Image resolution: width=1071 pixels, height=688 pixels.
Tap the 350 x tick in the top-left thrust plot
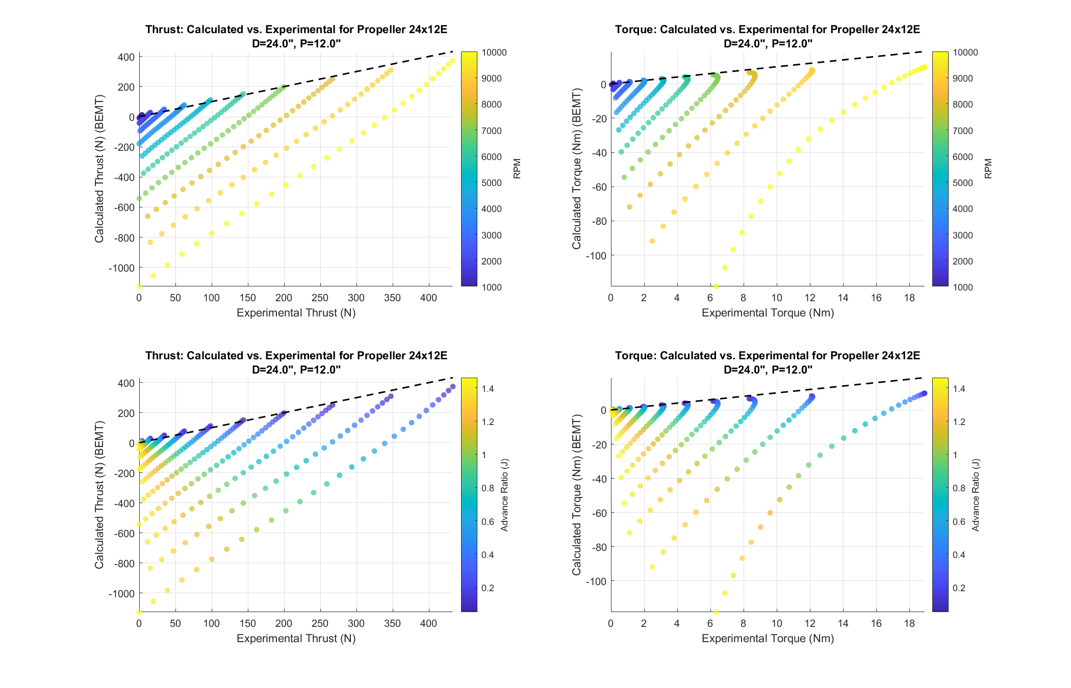tap(392, 298)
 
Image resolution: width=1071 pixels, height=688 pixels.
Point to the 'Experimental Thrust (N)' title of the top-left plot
tap(296, 313)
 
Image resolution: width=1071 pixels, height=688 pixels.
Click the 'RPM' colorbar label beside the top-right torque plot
tap(988, 169)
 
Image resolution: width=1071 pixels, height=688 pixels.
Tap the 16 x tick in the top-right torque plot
tap(876, 298)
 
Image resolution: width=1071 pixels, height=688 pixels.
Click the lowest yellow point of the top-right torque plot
tap(716, 286)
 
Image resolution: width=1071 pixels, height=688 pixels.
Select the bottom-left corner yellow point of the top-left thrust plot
tap(139, 286)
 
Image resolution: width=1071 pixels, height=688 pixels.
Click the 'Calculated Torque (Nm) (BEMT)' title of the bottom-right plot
tap(576, 495)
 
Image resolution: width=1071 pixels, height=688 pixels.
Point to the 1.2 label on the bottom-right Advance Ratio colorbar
tap(959, 421)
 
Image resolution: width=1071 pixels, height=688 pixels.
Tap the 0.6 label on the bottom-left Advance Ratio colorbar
tap(488, 521)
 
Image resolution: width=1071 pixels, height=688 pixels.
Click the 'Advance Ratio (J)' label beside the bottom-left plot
tap(505, 495)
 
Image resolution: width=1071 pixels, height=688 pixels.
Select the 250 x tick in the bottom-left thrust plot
tap(320, 624)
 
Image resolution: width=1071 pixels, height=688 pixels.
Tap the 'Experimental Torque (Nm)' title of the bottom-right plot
tap(768, 639)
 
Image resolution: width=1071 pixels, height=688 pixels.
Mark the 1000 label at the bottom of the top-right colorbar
tap(962, 287)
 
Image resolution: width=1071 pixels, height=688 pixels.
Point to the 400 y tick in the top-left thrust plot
tap(126, 57)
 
